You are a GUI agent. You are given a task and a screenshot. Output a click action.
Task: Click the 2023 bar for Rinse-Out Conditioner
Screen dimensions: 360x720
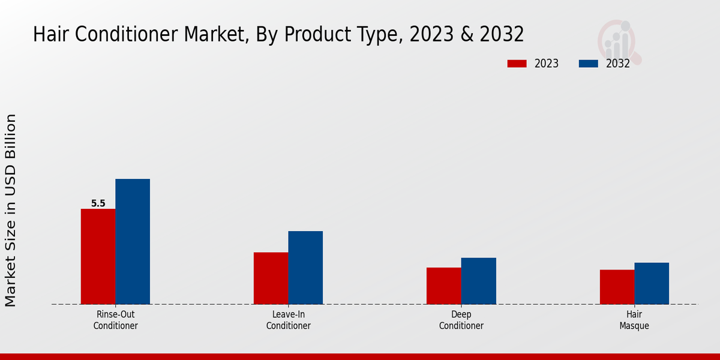98,256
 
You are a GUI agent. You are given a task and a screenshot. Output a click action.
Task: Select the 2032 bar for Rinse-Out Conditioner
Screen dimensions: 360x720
133,241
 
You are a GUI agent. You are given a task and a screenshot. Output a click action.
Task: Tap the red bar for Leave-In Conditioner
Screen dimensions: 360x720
271,278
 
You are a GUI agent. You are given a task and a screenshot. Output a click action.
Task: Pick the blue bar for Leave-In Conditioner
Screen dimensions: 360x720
305,268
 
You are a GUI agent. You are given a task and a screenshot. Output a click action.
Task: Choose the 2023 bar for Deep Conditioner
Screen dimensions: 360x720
444,286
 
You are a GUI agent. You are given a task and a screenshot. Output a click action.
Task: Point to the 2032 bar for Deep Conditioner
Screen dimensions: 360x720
479,281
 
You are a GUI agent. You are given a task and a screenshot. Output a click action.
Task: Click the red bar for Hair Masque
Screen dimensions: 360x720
617,287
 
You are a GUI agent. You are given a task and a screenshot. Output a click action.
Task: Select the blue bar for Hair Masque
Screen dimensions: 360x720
652,283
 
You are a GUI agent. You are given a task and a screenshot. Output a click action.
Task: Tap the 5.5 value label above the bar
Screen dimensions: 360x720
98,203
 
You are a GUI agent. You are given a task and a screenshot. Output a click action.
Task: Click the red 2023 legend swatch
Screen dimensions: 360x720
517,64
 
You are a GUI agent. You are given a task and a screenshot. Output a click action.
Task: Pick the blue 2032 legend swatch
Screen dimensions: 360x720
589,64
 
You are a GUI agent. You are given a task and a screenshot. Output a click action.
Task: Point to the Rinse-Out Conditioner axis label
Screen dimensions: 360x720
115,320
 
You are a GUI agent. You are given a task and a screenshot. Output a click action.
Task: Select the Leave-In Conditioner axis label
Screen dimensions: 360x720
288,320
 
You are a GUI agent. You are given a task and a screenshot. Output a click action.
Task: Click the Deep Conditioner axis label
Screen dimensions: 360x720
461,320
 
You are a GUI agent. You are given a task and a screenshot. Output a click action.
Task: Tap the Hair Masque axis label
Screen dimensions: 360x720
634,320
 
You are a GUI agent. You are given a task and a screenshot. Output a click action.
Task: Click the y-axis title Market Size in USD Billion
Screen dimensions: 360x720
11,210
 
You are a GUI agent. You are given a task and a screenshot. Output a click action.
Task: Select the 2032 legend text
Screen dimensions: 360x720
617,64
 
